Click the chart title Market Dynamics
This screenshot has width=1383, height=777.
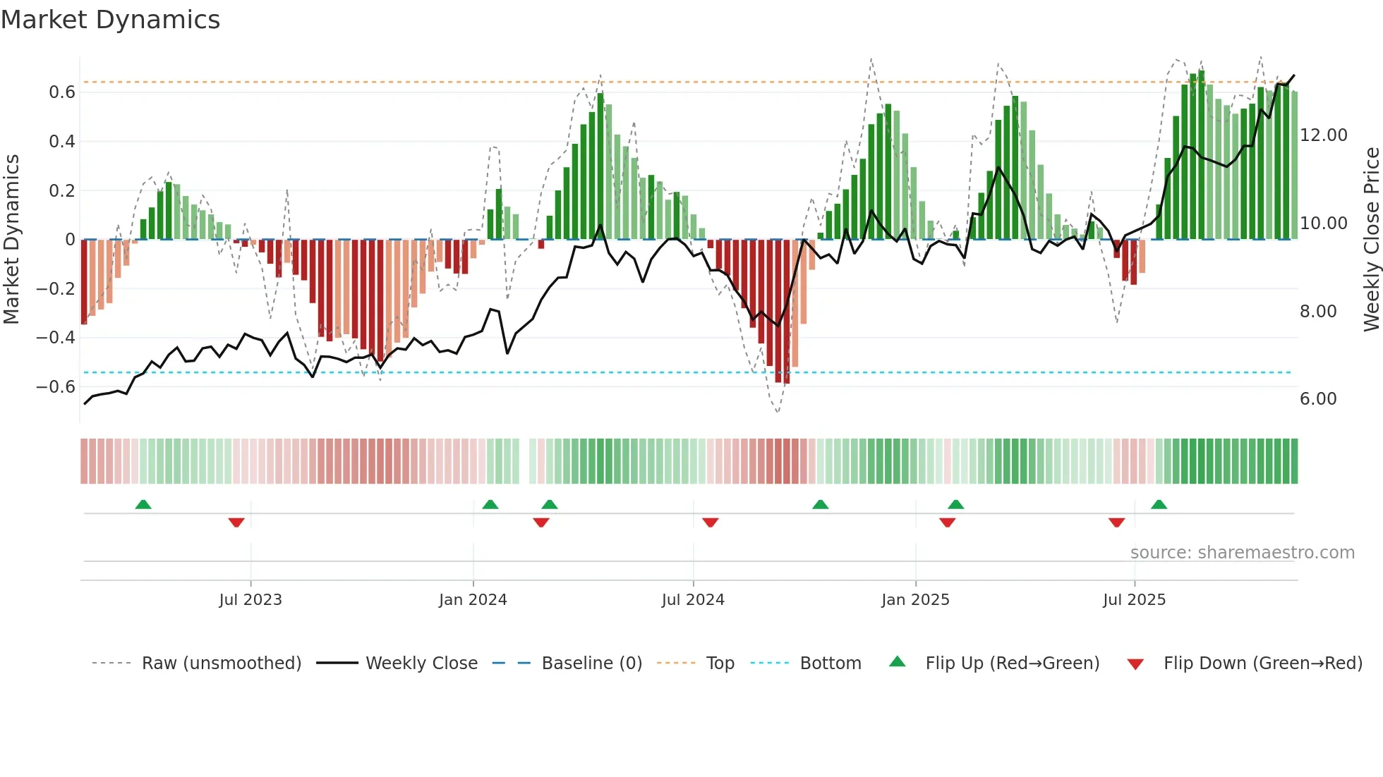coord(110,20)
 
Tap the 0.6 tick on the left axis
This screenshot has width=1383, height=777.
coord(61,92)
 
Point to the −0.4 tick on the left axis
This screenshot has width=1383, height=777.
coord(55,338)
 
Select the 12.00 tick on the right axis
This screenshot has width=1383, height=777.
coord(1323,135)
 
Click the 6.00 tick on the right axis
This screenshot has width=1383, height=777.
coord(1317,399)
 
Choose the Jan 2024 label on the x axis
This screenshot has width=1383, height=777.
coord(472,600)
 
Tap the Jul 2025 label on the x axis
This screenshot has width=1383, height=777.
coord(1134,600)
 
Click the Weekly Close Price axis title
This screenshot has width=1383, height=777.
coord(1371,239)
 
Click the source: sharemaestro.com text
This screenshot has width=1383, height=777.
coord(1242,553)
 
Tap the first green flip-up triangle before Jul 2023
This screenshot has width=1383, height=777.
coord(143,505)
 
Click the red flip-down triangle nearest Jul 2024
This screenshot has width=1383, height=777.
coord(710,522)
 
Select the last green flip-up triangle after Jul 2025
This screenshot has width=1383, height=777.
coord(1159,505)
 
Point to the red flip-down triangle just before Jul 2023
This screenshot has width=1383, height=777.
coord(236,522)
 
